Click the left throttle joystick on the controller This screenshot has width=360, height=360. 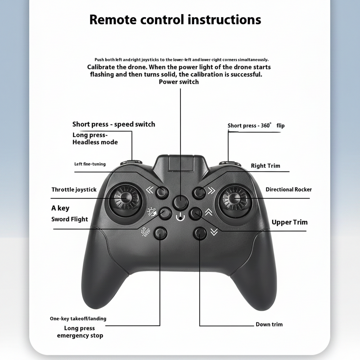click(x=126, y=199)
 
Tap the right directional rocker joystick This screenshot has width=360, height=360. click(x=234, y=199)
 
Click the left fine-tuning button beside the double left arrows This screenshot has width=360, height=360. click(x=162, y=192)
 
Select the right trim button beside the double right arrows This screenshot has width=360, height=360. click(x=199, y=192)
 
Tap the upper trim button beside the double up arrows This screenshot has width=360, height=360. click(x=195, y=213)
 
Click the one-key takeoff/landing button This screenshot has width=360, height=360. click(x=161, y=233)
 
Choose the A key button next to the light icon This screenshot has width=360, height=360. click(x=165, y=213)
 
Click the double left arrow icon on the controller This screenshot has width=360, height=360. click(x=150, y=190)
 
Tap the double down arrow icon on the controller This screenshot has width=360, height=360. click(x=214, y=232)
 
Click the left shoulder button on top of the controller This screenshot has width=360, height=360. click(x=131, y=163)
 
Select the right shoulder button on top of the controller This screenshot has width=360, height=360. click(x=230, y=163)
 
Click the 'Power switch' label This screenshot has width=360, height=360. click(x=179, y=82)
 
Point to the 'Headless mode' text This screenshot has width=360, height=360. click(x=95, y=142)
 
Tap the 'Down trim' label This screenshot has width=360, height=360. click(x=269, y=324)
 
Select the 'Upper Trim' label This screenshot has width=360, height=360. click(x=289, y=222)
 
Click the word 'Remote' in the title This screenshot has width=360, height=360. click(x=113, y=20)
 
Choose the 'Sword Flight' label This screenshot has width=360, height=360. click(x=69, y=220)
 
